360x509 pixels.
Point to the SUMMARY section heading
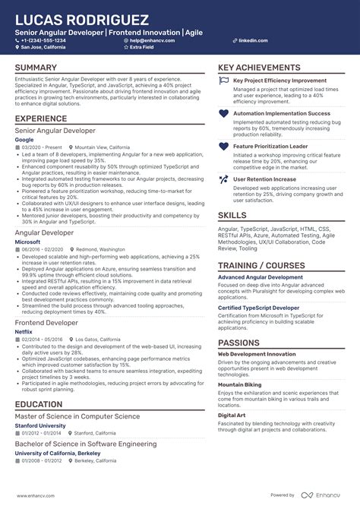pyautogui.click(x=36, y=68)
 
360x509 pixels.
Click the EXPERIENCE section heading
pyautogui.click(x=41, y=119)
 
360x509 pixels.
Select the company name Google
pyautogui.click(x=24, y=140)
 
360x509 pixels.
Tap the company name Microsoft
pyautogui.click(x=27, y=242)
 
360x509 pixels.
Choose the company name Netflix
pyautogui.click(x=24, y=332)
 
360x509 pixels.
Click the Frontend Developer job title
pyautogui.click(x=46, y=323)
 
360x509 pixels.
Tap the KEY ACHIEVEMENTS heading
pyautogui.click(x=259, y=68)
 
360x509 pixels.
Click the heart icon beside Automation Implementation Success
pyautogui.click(x=223, y=113)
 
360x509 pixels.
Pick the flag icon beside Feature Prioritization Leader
pyautogui.click(x=223, y=146)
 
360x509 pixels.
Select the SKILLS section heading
pyautogui.click(x=232, y=215)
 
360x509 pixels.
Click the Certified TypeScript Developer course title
pyautogui.click(x=258, y=307)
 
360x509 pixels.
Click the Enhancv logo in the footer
pyautogui.click(x=315, y=495)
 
